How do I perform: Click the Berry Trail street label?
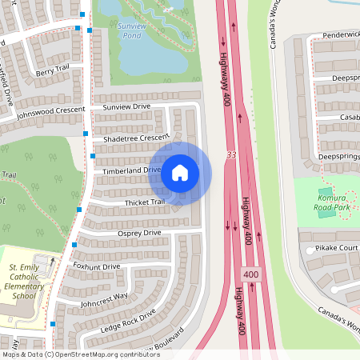(54, 71)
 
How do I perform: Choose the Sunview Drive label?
(126, 106)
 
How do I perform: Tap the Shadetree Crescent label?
(135, 138)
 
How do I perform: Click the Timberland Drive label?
(131, 170)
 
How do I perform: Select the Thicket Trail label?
(144, 202)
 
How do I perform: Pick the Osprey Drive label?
(138, 233)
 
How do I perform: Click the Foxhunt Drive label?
(96, 266)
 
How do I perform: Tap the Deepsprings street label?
(338, 158)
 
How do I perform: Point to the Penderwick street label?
(340, 36)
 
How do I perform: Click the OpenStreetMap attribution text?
(81, 354)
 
